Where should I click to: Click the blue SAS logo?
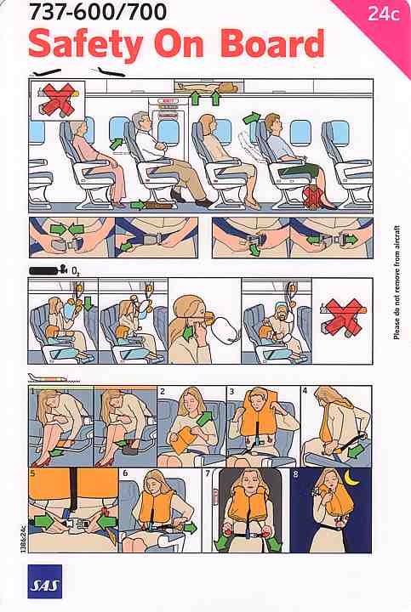point(44,581)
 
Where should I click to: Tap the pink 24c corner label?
point(383,14)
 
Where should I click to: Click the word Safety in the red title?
point(86,45)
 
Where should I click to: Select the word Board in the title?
point(272,43)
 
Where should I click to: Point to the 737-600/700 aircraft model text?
point(98,11)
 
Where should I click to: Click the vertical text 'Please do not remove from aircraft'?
point(397,282)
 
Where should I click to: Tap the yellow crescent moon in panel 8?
point(352,479)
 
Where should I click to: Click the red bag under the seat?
point(313,196)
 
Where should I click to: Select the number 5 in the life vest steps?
point(32,473)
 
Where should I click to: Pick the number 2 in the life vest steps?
point(163,391)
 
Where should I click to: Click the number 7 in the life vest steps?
point(208,473)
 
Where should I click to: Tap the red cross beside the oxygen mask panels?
point(343,316)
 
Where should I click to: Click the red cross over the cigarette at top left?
point(57,100)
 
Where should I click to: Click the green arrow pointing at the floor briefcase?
point(138,205)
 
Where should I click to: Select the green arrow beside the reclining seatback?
point(252,117)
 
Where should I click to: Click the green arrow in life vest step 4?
point(356,450)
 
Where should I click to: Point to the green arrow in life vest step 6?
point(191,529)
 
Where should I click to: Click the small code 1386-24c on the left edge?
point(22,539)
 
